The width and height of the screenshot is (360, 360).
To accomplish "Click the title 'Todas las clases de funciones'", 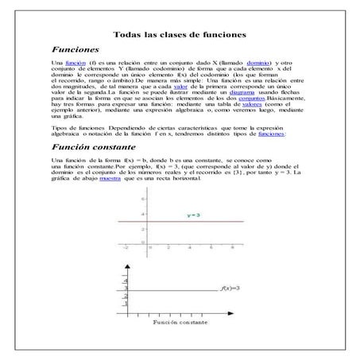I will (x=180, y=35).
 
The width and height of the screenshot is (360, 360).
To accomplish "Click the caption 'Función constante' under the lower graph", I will (x=180, y=324).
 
